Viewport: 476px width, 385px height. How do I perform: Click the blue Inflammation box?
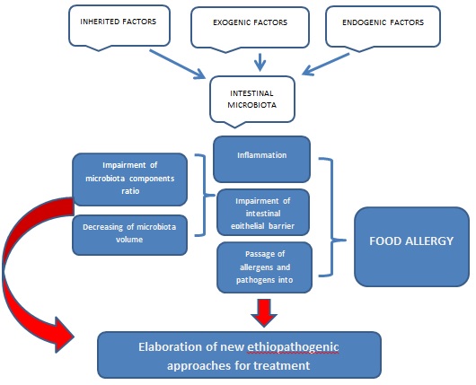coord(261,156)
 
